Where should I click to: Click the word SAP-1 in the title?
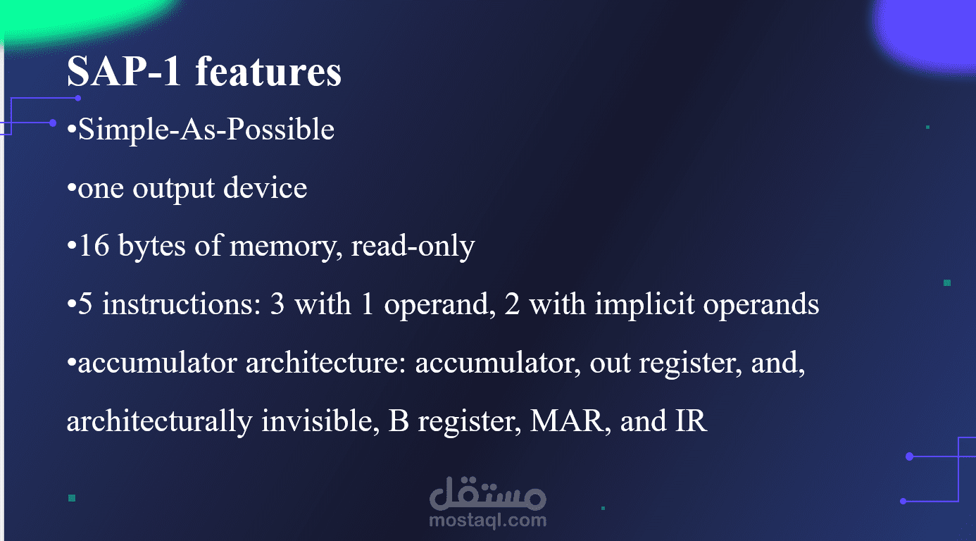[x=123, y=71]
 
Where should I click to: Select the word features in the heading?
[x=268, y=71]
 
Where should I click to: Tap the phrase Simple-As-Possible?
[x=206, y=130]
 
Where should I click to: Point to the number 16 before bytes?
[x=94, y=245]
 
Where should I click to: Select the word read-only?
[x=413, y=247]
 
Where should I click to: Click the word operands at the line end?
[x=761, y=305]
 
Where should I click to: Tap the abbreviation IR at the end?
[x=691, y=421]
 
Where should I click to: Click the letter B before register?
[x=399, y=421]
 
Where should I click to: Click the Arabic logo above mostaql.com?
[x=487, y=494]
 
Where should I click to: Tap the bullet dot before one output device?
[x=71, y=188]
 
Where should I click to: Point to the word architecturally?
[x=159, y=421]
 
